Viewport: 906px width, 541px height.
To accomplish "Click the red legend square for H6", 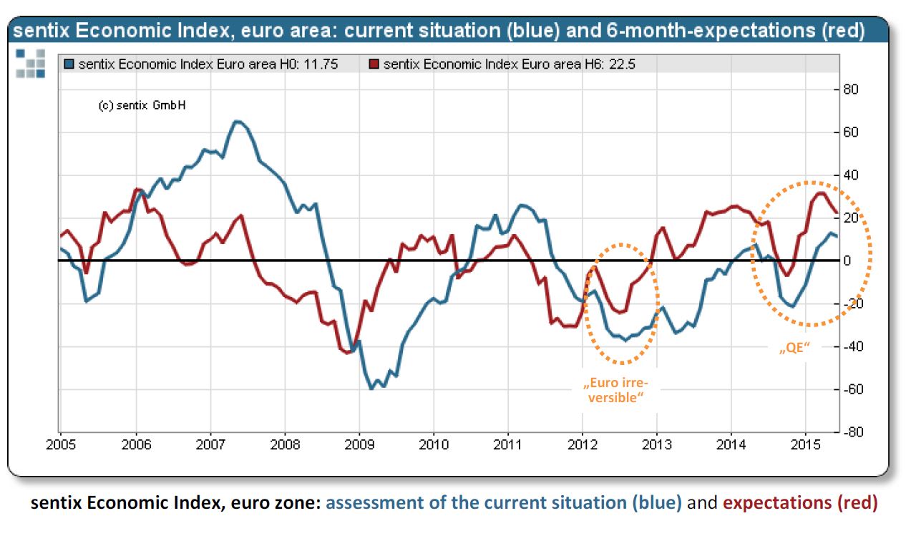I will point(374,64).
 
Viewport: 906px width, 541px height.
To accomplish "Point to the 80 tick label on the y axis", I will point(851,89).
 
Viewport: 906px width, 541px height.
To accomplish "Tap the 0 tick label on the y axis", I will point(848,260).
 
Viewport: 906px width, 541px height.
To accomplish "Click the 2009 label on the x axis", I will point(359,445).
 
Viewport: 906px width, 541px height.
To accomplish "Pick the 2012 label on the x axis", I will point(583,445).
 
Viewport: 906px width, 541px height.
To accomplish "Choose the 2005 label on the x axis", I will point(60,445).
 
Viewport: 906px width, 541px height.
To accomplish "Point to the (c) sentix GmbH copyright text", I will point(142,105).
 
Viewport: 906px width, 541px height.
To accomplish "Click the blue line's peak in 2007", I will point(238,121).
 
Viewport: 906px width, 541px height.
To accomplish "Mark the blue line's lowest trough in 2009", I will point(371,389).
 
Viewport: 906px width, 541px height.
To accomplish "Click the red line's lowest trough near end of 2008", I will point(347,352).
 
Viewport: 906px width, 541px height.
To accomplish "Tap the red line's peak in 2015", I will point(820,192).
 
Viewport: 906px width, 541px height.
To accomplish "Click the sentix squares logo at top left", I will point(30,63).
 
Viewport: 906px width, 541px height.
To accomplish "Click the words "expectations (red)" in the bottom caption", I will point(800,502).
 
